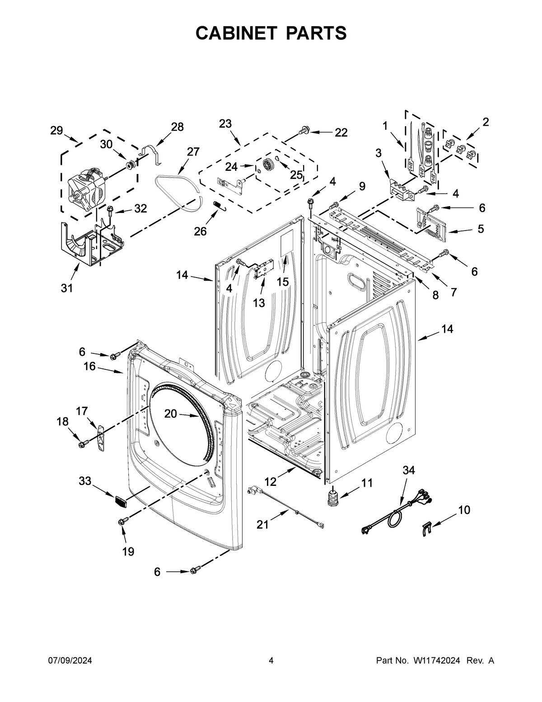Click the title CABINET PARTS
click(271, 33)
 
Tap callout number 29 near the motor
click(56, 131)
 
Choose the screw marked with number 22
click(303, 132)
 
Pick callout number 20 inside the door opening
click(170, 413)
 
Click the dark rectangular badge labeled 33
click(120, 500)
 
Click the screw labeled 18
click(82, 445)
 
